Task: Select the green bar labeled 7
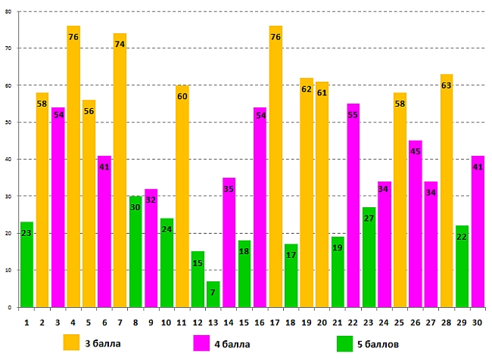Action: [213, 294]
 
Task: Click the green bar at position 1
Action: [26, 265]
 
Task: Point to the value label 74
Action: [120, 45]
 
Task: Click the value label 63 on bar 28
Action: [446, 85]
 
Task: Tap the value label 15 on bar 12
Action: [198, 263]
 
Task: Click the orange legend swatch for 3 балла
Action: [72, 343]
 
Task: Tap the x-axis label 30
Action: [477, 321]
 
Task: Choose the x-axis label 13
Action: [213, 321]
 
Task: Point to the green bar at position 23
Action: [369, 257]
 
